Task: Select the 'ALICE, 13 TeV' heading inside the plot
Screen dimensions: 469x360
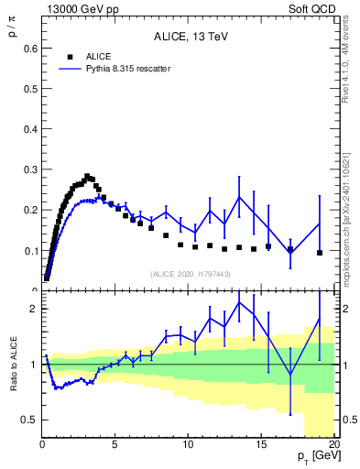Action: coord(190,37)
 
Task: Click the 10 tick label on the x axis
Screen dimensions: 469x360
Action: coord(188,445)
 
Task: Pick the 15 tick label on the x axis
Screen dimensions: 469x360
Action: coord(261,445)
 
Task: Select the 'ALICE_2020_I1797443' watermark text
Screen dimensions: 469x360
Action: coord(190,274)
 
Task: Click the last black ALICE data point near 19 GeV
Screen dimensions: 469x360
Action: coord(320,253)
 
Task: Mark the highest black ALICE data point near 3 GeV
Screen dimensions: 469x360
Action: coord(87,176)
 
